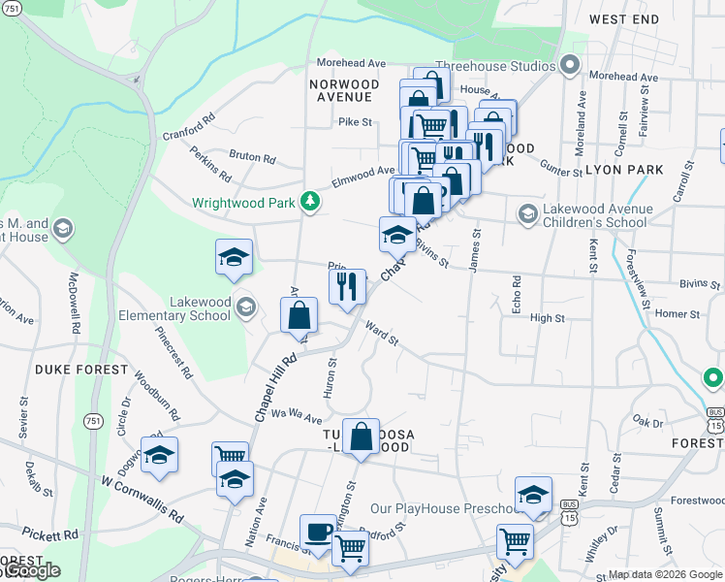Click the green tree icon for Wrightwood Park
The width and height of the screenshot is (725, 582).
click(x=309, y=202)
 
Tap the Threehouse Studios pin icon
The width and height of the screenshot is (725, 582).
click(x=569, y=66)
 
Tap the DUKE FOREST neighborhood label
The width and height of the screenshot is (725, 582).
click(x=81, y=370)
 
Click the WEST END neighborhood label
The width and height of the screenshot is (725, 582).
click(x=623, y=19)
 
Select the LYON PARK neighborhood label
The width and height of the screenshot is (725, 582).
click(x=624, y=170)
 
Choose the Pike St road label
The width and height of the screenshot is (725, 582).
click(x=356, y=122)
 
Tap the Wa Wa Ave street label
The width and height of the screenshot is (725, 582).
click(x=296, y=415)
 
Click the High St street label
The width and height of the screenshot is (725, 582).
click(x=547, y=318)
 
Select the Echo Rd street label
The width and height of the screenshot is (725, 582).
click(x=518, y=288)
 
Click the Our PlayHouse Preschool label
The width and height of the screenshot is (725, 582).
click(x=447, y=509)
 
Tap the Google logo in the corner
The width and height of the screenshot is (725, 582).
click(x=31, y=570)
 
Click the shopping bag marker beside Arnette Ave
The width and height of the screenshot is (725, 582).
click(x=299, y=314)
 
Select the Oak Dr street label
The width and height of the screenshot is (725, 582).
click(x=646, y=421)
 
